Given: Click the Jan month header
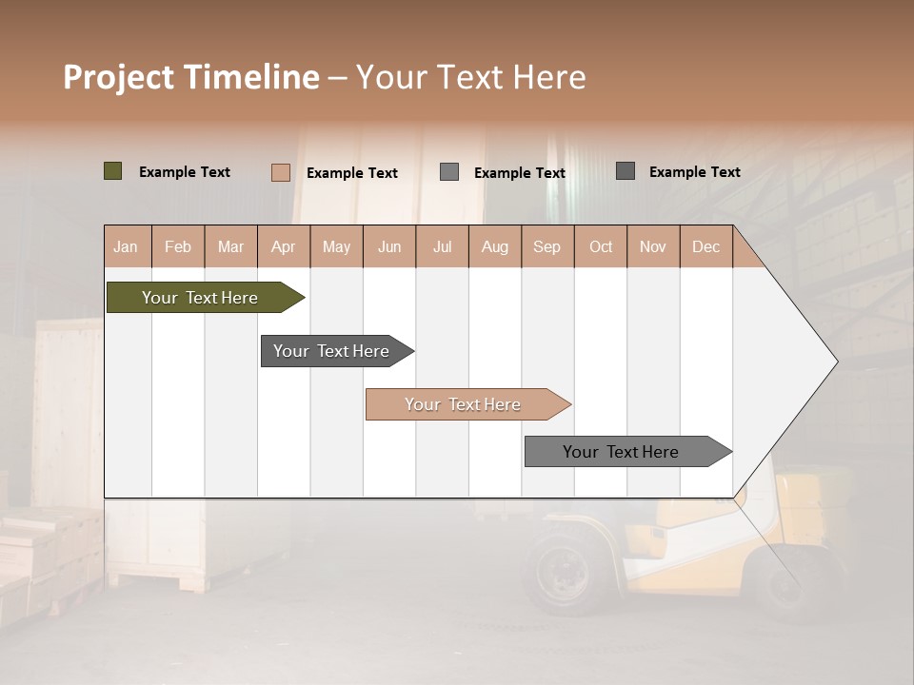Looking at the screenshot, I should click(x=126, y=246).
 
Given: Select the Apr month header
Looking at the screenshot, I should click(x=283, y=246).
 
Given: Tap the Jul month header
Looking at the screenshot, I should click(x=442, y=246).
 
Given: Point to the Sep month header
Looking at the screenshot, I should click(x=546, y=246).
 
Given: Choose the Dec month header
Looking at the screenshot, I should click(x=705, y=246).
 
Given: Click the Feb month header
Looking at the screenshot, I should click(x=178, y=246).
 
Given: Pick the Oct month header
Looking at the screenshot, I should click(x=601, y=246).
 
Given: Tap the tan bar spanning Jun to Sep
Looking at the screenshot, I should click(x=465, y=404).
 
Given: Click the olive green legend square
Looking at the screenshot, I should click(x=113, y=171).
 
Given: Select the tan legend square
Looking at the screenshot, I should click(x=281, y=172).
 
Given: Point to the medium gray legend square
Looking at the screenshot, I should click(x=449, y=172).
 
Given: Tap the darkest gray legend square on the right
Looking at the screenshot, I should click(x=626, y=171).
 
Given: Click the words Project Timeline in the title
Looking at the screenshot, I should click(x=190, y=77).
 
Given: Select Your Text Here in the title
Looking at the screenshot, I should click(x=470, y=77).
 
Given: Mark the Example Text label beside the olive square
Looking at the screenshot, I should click(x=185, y=172).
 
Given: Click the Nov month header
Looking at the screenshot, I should click(x=653, y=246).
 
